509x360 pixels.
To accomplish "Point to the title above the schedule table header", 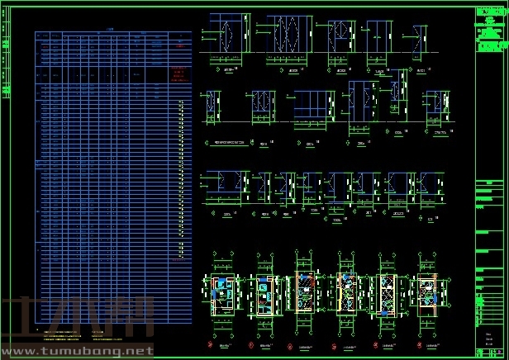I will pos(111,27).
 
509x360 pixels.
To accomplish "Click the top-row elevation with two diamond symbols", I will pos(283,36).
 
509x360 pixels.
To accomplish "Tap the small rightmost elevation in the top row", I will pos(421,38).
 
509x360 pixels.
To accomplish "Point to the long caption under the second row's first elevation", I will pos(232,142).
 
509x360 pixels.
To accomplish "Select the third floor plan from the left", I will pos(305,292).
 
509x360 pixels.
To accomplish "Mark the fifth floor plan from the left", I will pos(386,292).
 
